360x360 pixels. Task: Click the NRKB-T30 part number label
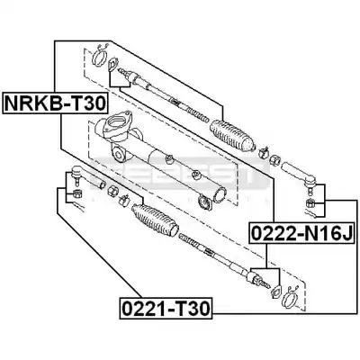pyautogui.click(x=55, y=103)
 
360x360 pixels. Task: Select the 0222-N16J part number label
pyautogui.click(x=301, y=233)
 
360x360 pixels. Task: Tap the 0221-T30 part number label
pyautogui.click(x=166, y=308)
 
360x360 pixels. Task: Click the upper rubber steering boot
pyautogui.click(x=233, y=136)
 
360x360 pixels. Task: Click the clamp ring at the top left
pyautogui.click(x=99, y=57)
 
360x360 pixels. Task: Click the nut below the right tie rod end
pyautogui.click(x=310, y=203)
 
